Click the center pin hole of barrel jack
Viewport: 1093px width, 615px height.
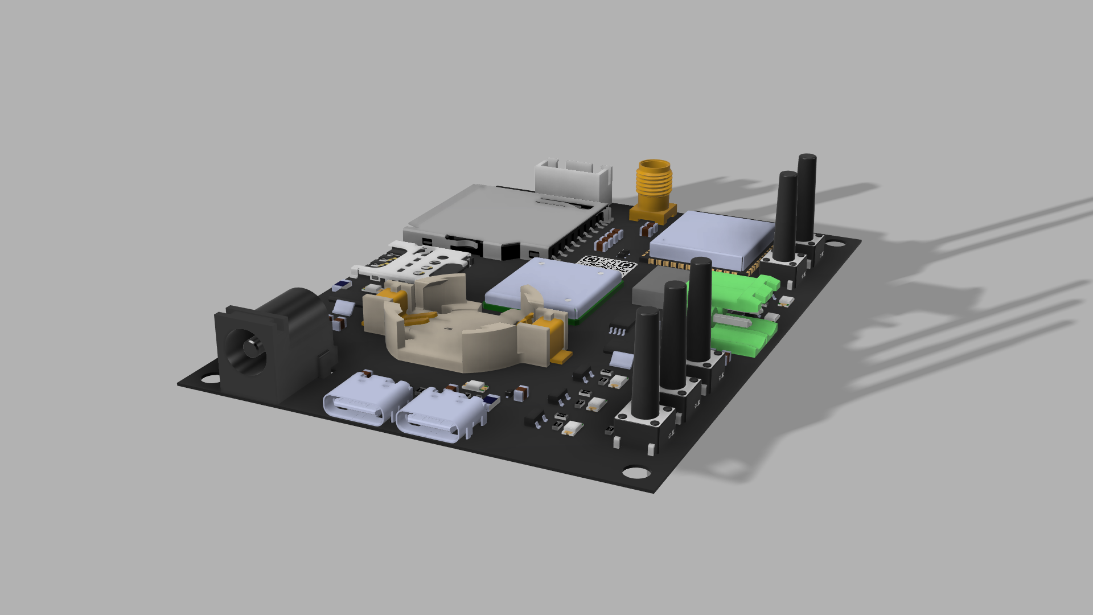coord(250,347)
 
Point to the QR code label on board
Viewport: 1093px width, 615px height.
coord(607,264)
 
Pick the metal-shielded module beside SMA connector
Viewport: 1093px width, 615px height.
coord(712,238)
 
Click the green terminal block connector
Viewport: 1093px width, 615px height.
coord(740,313)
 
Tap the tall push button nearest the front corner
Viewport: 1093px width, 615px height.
coord(647,370)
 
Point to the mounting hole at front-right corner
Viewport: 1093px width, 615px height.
coord(635,472)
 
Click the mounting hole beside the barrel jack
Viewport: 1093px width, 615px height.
coord(208,379)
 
